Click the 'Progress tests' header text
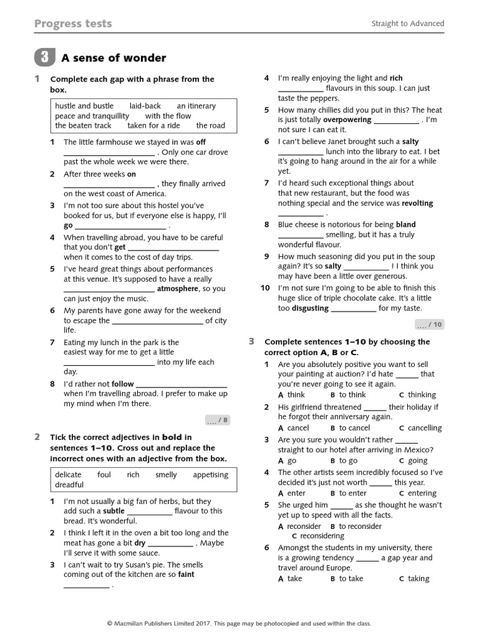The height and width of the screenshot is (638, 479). coord(73,24)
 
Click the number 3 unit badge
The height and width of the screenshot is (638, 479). coord(44,58)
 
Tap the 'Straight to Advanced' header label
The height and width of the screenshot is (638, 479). coord(408,24)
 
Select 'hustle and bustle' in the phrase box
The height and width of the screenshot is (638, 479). coord(84,106)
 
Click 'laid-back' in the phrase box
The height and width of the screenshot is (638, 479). coord(145,106)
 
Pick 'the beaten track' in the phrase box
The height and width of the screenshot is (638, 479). coord(83,125)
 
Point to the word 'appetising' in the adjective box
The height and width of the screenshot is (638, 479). coord(211,475)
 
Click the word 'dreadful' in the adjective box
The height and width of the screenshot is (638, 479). coord(69,485)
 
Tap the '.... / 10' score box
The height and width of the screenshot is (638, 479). coord(429,324)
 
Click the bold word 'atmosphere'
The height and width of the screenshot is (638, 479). coord(182,289)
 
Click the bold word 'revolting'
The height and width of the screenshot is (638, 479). coord(417,204)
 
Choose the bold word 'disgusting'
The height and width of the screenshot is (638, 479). coord(310,308)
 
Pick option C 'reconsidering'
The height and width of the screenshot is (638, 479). coord(318,536)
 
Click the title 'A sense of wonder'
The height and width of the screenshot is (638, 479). coord(114,58)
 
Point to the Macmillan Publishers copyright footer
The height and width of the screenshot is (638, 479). coord(239,623)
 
